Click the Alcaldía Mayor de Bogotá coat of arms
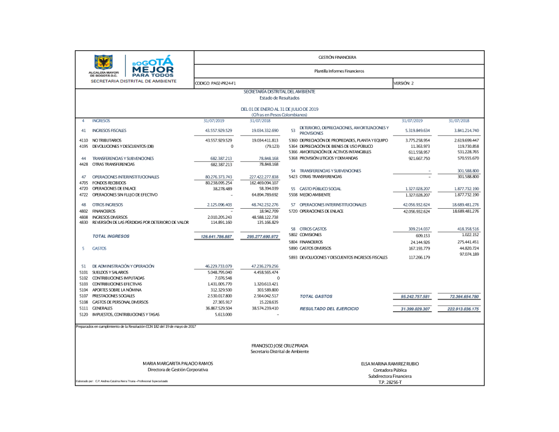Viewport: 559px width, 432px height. point(103,63)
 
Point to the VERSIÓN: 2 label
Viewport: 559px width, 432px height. point(404,83)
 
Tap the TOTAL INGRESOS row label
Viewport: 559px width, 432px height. point(111,237)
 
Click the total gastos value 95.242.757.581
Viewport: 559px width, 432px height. point(415,296)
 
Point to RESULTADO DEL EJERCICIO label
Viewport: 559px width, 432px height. point(329,309)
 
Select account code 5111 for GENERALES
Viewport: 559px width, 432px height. point(84,308)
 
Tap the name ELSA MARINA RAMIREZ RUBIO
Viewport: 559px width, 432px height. point(390,364)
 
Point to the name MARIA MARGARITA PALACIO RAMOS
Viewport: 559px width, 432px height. point(177,364)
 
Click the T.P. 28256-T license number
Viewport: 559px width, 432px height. point(390,382)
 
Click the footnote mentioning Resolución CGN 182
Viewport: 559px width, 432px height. point(135,326)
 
